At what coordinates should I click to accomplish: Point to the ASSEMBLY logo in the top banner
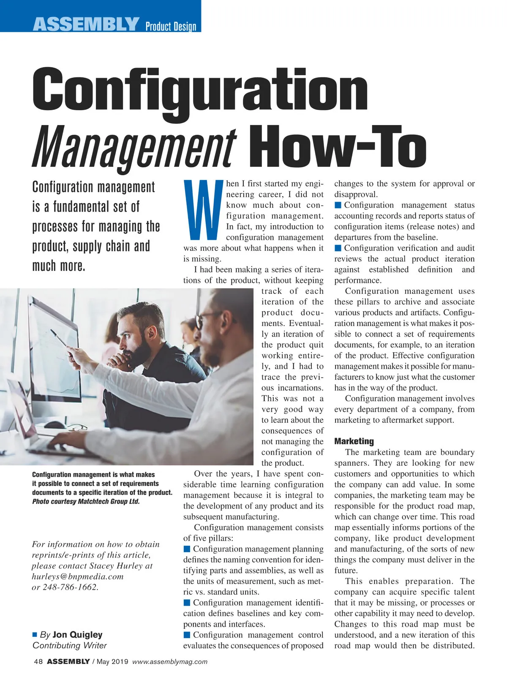(86, 24)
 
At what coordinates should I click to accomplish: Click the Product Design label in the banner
(171, 27)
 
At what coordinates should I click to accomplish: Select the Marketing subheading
(354, 441)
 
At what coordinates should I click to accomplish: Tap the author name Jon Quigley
(77, 634)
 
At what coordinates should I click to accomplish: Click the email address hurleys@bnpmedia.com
(78, 576)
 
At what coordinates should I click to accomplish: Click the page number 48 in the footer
(38, 661)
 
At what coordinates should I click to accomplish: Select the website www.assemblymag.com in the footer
(170, 662)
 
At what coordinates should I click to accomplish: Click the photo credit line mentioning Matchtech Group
(86, 502)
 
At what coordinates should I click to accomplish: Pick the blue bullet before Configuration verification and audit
(338, 248)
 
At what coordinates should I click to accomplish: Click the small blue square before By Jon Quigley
(35, 634)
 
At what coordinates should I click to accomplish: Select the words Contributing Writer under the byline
(70, 645)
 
